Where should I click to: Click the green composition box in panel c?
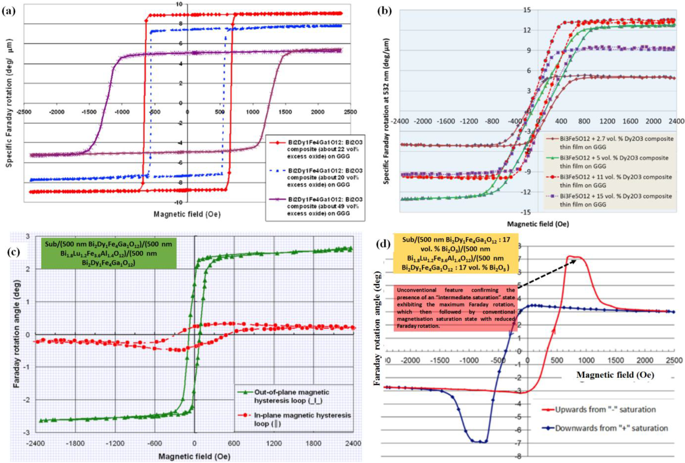(x=108, y=253)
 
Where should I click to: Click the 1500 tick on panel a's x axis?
(x=285, y=112)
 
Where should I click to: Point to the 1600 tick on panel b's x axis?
(x=631, y=121)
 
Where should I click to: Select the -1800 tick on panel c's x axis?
(x=75, y=443)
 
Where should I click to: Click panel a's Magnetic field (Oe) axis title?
(x=187, y=214)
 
